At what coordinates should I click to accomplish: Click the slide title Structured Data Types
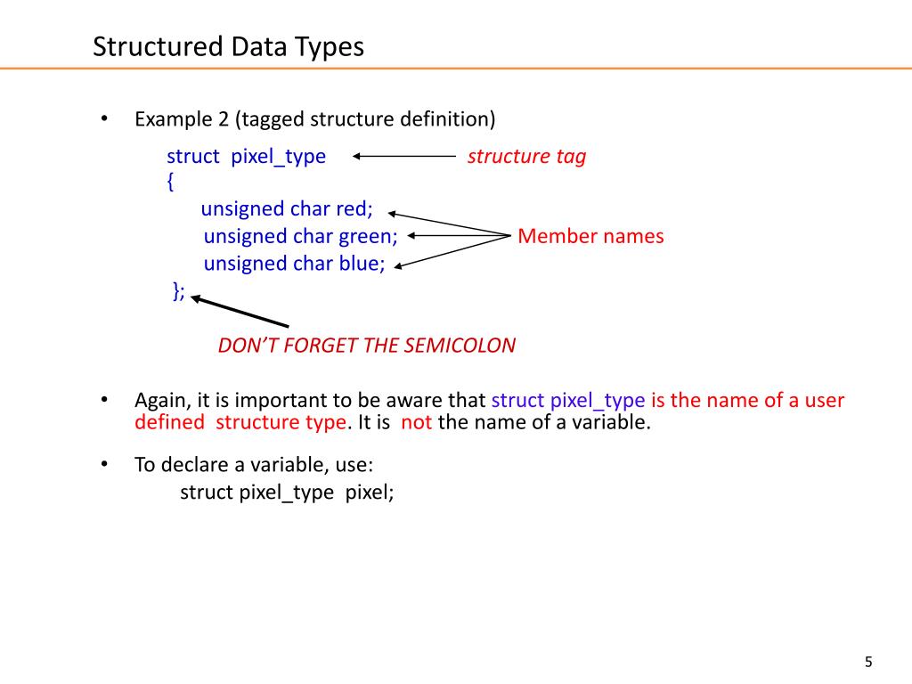[x=229, y=46]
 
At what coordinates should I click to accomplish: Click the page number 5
[x=868, y=662]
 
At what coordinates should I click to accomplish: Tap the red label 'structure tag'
[x=526, y=157]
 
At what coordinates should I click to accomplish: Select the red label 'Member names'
[x=590, y=236]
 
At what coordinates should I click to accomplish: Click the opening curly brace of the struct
[x=170, y=182]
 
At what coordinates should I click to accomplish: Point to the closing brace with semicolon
[x=179, y=290]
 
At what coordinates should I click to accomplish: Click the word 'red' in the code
[x=354, y=209]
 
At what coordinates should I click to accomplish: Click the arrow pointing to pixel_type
[x=404, y=157]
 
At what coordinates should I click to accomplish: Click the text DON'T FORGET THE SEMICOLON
[x=366, y=346]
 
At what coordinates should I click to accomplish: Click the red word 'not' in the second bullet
[x=416, y=422]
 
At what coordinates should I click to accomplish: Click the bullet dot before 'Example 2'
[x=103, y=118]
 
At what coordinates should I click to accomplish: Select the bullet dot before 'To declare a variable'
[x=103, y=464]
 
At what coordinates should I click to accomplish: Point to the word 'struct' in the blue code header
[x=192, y=157]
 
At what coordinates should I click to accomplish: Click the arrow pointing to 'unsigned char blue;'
[x=450, y=250]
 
